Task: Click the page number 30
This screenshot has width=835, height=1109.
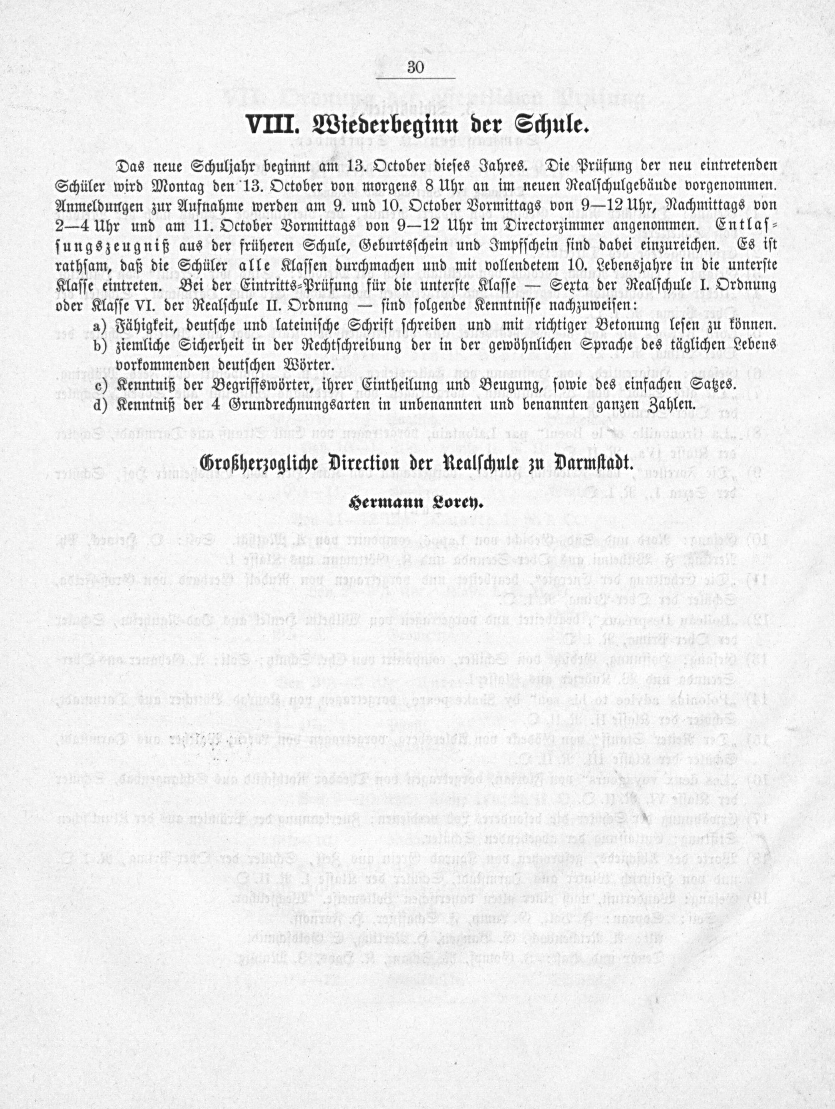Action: tap(416, 68)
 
